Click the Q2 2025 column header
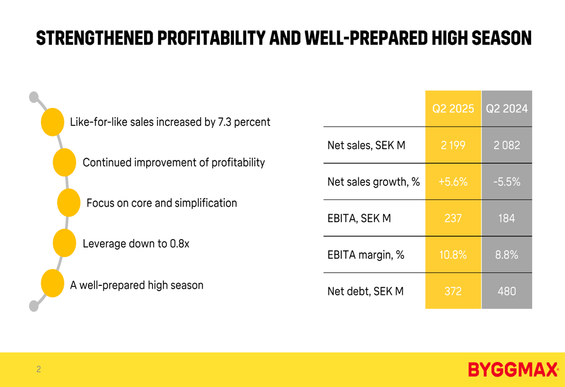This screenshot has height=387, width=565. coord(453,108)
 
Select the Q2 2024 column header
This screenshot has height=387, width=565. coord(507,108)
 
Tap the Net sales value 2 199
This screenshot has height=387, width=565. coord(453,145)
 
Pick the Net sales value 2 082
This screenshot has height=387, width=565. coord(507,145)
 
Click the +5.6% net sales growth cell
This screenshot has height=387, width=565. coord(453,182)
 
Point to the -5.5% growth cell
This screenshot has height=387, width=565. coord(507,182)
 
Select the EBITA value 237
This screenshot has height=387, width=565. coord(453,218)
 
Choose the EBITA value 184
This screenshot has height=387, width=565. coord(507,218)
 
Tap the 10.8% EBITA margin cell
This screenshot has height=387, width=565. coord(453,255)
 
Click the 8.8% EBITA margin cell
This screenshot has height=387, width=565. coord(507,255)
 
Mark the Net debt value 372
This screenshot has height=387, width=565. coord(453,292)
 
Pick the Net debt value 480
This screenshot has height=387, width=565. coord(507,292)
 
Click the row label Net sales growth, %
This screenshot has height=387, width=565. coord(373,182)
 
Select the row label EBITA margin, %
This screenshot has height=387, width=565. coord(366,255)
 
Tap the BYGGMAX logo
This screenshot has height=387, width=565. coord(512,370)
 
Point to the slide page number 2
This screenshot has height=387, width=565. coord(38,369)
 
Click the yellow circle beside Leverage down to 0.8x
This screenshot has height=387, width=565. coord(64,243)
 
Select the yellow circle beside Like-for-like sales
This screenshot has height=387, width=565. coord(53,122)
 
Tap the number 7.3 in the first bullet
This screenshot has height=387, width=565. coord(224,122)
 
